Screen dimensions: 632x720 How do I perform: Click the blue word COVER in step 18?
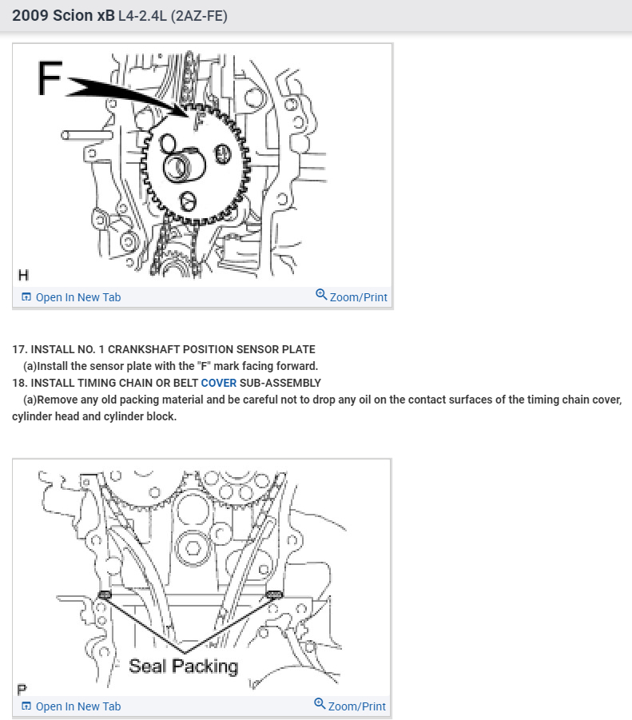(x=218, y=383)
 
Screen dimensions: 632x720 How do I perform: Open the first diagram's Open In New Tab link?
(x=72, y=297)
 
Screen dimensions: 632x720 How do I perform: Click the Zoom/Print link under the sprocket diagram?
(x=352, y=296)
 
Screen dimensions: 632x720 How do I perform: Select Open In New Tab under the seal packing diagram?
(x=72, y=706)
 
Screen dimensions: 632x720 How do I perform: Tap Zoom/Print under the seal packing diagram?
(x=350, y=706)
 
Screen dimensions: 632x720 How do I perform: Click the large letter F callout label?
(x=49, y=78)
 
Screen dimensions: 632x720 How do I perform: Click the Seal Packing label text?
(x=184, y=666)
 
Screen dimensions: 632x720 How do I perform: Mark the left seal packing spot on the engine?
(x=105, y=595)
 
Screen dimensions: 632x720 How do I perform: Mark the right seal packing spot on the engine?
(x=274, y=595)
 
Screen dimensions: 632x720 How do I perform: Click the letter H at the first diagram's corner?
(x=23, y=275)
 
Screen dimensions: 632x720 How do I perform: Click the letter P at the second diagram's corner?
(x=22, y=690)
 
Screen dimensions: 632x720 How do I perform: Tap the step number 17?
(x=19, y=349)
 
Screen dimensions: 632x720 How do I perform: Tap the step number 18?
(x=19, y=383)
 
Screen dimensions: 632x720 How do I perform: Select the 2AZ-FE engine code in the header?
(x=199, y=16)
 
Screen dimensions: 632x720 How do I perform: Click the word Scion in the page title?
(x=73, y=16)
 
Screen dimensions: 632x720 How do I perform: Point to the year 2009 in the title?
(x=30, y=16)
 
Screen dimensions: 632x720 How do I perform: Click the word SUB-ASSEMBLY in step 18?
(x=280, y=383)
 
